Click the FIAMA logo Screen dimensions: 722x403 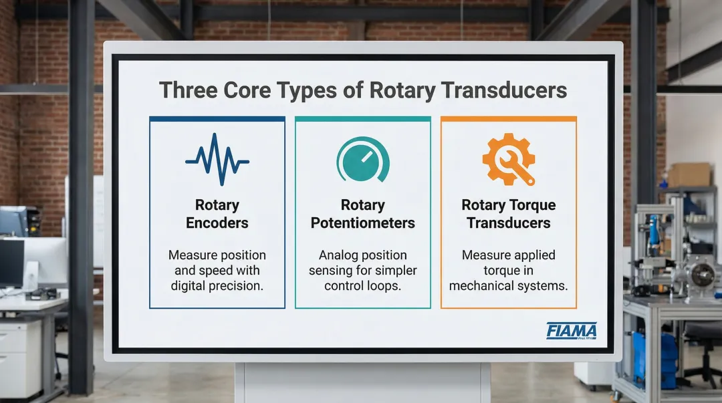571,331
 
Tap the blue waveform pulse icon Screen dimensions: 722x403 217,159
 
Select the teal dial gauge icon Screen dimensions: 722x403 363,159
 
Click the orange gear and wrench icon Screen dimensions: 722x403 509,159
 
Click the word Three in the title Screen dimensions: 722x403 188,90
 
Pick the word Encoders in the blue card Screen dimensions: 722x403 217,223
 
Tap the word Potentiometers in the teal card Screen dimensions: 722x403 363,223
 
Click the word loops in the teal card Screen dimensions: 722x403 386,285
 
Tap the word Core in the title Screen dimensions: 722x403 247,90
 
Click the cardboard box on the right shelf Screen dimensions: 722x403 689,174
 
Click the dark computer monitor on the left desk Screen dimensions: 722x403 12,263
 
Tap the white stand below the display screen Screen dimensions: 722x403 363,382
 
